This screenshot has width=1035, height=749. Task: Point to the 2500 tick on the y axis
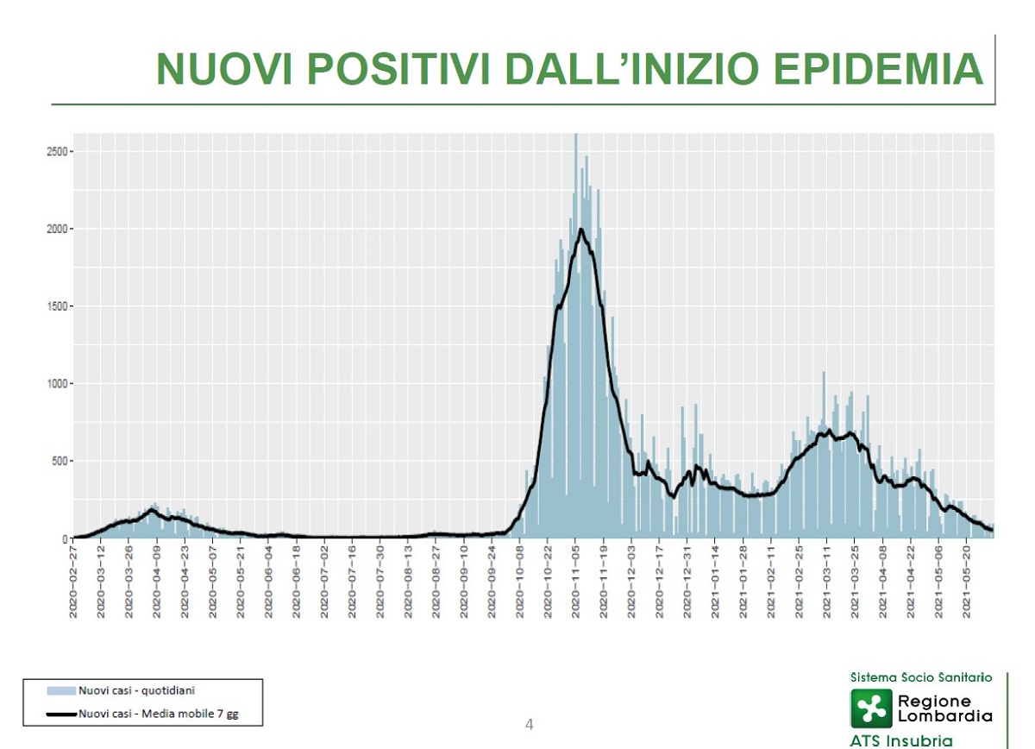57,152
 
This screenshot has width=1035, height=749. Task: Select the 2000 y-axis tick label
57,229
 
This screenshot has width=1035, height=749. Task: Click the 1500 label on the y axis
57,306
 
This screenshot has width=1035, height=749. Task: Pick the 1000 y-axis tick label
57,383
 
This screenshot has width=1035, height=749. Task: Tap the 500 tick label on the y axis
60,461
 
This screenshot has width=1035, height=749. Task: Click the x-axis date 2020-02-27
73,581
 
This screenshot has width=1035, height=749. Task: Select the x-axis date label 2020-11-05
576,581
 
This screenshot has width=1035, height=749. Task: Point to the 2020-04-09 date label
157,581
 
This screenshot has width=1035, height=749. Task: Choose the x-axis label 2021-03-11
827,581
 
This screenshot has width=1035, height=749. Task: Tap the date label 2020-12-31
687,581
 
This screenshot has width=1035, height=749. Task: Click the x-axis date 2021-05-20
967,581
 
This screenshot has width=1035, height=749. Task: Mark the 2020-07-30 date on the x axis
380,581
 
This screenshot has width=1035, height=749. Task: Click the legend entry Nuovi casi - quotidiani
135,691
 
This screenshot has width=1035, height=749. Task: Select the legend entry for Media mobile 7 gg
158,714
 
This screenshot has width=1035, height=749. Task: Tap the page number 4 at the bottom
530,724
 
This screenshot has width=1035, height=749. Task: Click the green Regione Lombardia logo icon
871,708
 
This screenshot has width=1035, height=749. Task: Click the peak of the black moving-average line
581,230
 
